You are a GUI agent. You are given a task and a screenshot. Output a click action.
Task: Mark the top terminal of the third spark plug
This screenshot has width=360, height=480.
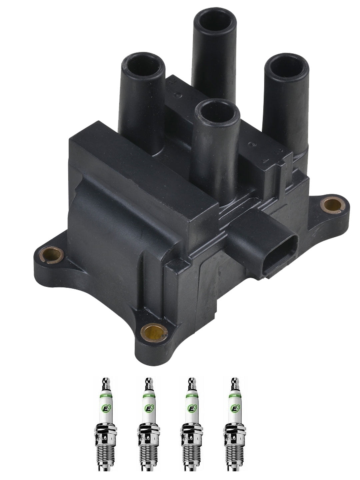click(x=191, y=383)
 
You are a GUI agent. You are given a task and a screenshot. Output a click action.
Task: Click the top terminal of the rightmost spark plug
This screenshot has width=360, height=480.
click(x=233, y=383)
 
